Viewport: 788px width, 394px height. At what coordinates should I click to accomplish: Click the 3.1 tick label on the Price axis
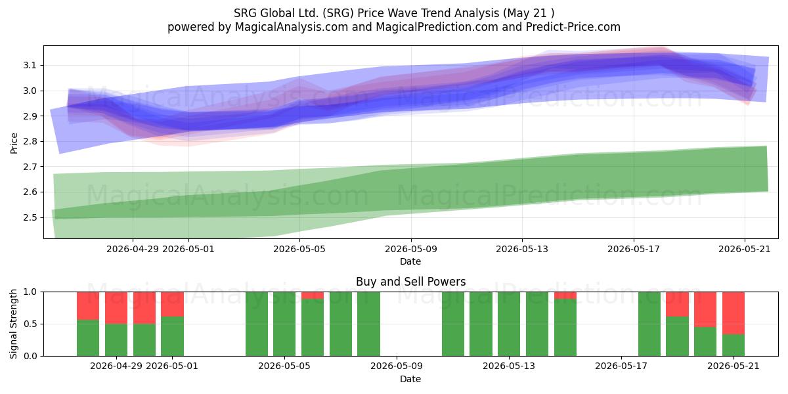pos(30,66)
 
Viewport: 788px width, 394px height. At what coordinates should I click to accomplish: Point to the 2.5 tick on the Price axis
pos(30,217)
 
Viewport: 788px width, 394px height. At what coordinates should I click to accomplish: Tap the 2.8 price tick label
pos(30,141)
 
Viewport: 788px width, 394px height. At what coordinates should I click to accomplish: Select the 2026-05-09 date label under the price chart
pos(411,249)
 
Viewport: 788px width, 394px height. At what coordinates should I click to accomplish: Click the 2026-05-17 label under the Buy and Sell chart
pos(621,366)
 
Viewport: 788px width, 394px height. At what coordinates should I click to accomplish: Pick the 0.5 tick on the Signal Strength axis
pos(30,324)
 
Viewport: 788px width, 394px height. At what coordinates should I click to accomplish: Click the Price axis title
pos(14,143)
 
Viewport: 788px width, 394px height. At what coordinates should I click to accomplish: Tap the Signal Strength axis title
pos(13,324)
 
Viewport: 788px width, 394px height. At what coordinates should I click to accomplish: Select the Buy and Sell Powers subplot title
pos(410,282)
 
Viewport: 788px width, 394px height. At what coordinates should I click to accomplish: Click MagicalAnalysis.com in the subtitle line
pos(292,27)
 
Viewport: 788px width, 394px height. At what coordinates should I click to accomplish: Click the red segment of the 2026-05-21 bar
pos(733,313)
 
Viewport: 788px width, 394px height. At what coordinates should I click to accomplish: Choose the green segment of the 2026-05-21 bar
pos(733,345)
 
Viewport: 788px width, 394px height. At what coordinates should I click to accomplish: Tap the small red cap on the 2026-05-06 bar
pos(313,295)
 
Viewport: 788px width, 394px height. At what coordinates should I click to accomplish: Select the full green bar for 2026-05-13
pos(509,324)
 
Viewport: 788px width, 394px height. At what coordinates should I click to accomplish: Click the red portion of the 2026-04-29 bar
pos(116,308)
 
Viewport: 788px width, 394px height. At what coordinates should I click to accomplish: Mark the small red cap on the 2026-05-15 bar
pos(565,295)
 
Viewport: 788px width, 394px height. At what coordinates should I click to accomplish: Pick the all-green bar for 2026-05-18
pos(649,324)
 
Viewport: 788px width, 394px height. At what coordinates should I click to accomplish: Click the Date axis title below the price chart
pos(410,262)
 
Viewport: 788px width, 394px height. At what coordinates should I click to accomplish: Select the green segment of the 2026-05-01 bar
pos(172,336)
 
